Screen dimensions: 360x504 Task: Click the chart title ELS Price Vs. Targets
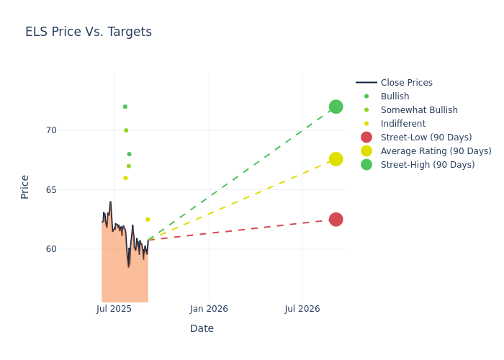[x=89, y=32]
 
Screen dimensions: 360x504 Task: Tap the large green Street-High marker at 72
[x=336, y=107]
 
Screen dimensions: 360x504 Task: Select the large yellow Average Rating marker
[x=336, y=159]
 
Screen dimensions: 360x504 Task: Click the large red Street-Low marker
[x=336, y=220]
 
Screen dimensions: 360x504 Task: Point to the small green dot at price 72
[x=125, y=107]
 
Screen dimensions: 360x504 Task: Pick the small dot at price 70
[x=126, y=130]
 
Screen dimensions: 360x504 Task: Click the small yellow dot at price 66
[x=125, y=178]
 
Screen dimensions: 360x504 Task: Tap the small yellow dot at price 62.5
[x=148, y=220]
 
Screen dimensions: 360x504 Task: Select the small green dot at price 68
[x=129, y=154]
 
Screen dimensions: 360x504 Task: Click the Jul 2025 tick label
[x=114, y=309]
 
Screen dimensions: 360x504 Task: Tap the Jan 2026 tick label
[x=209, y=309]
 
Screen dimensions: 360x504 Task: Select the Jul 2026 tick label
[x=302, y=309]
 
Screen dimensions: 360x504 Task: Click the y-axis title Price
[x=25, y=186]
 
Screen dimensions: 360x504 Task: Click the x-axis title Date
[x=202, y=328]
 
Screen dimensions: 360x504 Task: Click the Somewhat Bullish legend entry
[x=419, y=110]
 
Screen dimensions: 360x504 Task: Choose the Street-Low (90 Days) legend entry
[x=426, y=138]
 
